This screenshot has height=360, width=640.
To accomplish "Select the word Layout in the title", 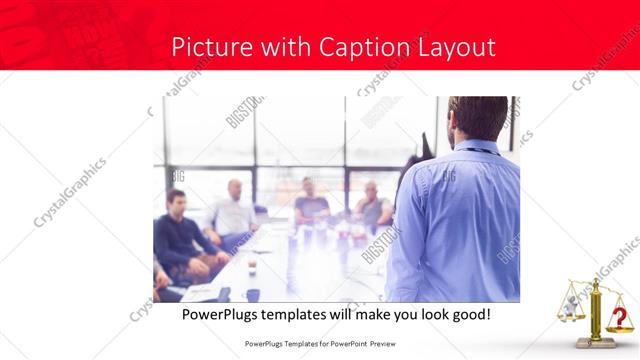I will click(x=453, y=47).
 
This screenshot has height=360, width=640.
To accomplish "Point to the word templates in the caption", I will click(x=312, y=314).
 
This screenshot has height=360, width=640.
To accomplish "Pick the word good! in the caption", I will click(x=467, y=314).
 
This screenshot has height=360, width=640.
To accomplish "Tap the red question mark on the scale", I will click(x=620, y=317).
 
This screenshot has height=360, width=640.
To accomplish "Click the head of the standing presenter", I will click(x=479, y=119).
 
